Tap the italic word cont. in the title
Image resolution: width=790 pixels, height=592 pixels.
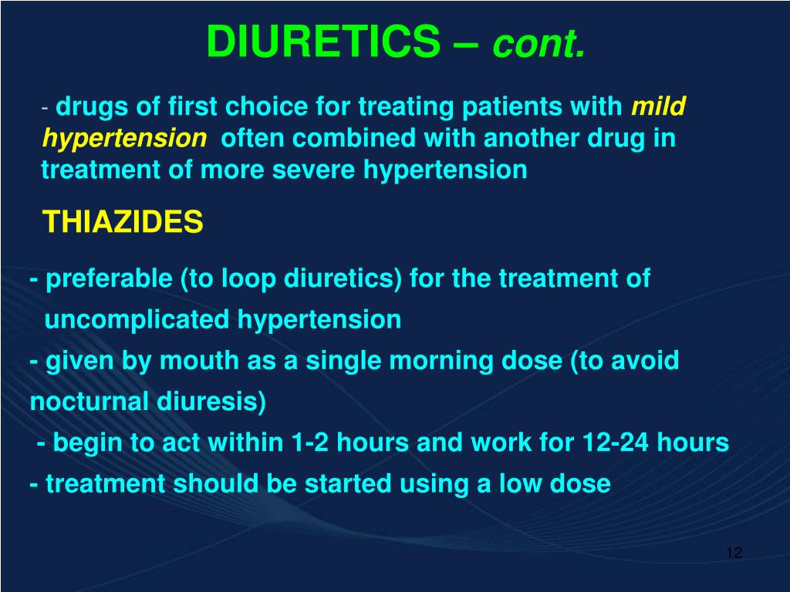click(x=539, y=44)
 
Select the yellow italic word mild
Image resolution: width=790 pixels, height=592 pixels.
click(x=658, y=107)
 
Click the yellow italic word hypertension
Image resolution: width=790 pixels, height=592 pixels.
click(x=124, y=139)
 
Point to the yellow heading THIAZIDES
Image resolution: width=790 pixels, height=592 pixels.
click(x=123, y=223)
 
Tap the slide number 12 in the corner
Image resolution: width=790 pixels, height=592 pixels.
click(x=734, y=553)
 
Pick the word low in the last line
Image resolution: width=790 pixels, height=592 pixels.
click(x=521, y=484)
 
